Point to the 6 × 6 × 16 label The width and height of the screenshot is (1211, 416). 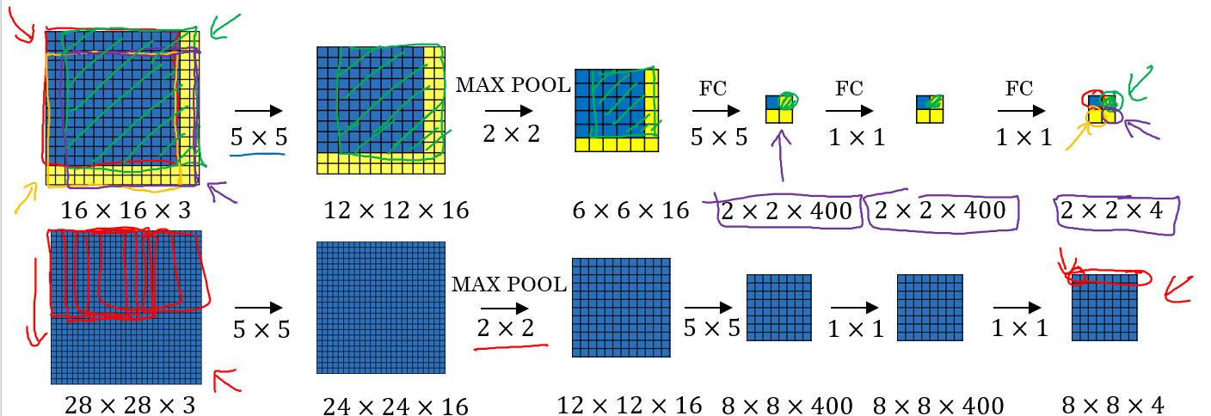[x=630, y=209]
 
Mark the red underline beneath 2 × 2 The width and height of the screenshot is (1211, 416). [x=511, y=347]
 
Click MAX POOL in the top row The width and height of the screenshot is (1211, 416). [x=513, y=85]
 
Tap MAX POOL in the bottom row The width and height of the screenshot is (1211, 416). [x=509, y=284]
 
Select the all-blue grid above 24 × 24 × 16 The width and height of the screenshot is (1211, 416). [x=381, y=307]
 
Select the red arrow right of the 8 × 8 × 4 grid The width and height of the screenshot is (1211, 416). [x=1178, y=289]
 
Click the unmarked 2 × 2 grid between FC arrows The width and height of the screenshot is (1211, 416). [x=931, y=108]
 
